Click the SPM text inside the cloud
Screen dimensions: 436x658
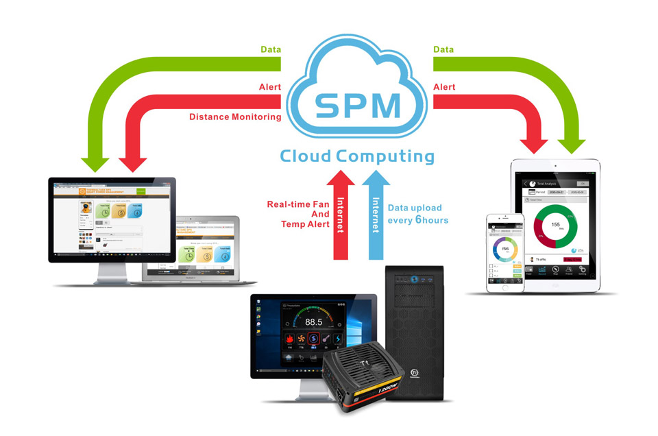357,104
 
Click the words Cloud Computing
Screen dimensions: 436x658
357,156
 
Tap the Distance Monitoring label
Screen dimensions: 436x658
235,117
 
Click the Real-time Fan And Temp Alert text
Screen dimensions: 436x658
297,213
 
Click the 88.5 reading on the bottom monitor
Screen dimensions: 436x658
314,322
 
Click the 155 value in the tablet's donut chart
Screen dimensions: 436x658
555,224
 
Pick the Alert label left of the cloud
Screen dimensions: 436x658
269,88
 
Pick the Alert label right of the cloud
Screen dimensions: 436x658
446,88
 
